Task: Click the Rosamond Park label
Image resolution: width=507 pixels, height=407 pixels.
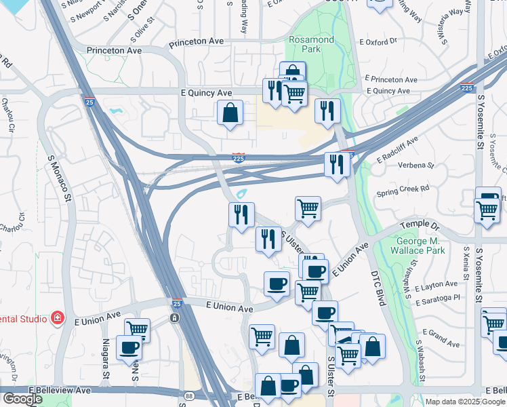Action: [x=311, y=45]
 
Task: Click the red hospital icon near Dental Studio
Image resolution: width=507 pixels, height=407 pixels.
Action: [x=58, y=318]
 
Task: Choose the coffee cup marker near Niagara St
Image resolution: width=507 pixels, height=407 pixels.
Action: [x=129, y=347]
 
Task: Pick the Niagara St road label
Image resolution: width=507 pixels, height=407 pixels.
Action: [x=106, y=359]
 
